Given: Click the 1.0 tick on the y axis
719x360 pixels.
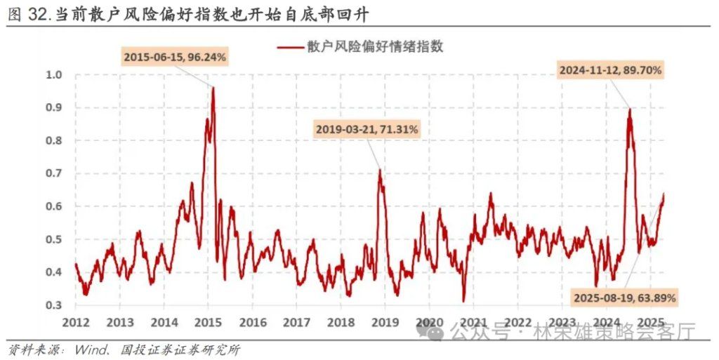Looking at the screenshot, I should (54, 75).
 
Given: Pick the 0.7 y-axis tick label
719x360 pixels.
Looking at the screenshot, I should (54, 174).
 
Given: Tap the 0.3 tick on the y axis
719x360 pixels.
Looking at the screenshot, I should (54, 305).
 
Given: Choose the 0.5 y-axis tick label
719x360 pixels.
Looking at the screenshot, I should (54, 239).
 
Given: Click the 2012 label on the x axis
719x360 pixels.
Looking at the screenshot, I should (75, 322).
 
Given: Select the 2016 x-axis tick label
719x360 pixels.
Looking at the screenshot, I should (252, 322).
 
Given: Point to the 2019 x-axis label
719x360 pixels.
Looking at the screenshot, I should (385, 322).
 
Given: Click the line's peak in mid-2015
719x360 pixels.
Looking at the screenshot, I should (213, 88).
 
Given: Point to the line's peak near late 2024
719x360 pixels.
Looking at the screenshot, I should (629, 109).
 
